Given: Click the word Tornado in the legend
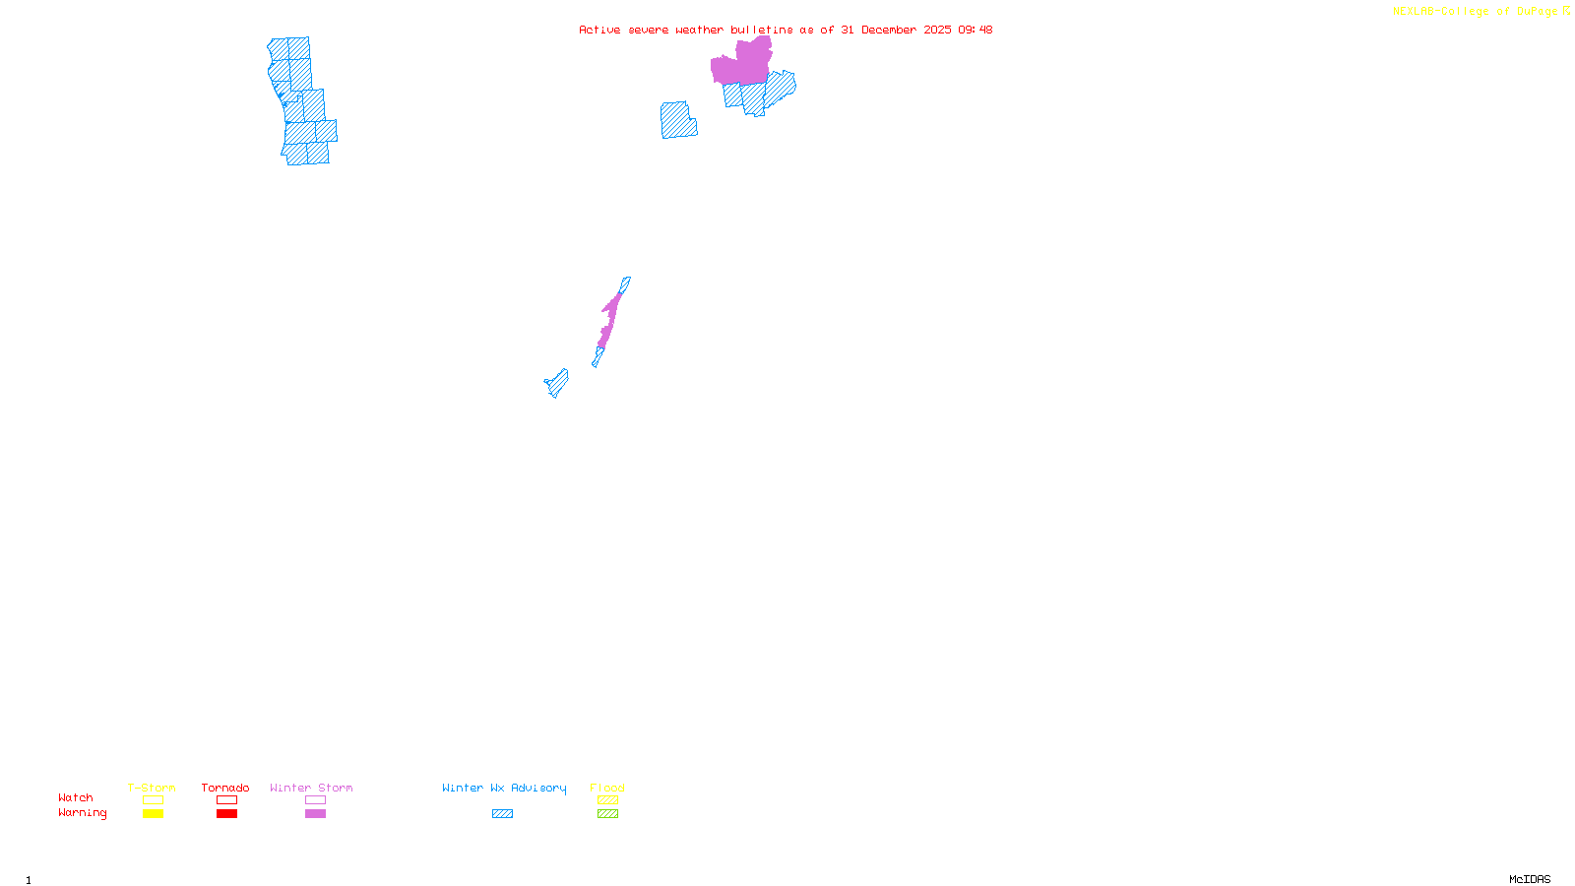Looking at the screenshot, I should [225, 788].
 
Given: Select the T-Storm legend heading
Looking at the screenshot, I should [152, 788].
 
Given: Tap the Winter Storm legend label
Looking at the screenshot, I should [311, 788].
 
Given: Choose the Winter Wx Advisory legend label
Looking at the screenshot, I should [504, 788].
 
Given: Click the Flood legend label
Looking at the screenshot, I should [607, 788].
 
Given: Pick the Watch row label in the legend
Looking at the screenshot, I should [76, 797].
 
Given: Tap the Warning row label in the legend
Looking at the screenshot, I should [82, 813].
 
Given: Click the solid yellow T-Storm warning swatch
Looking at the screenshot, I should [153, 814].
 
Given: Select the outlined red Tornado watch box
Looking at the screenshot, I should [227, 800].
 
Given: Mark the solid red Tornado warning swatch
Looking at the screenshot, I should [227, 814].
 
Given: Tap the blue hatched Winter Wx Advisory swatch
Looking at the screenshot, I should [502, 814].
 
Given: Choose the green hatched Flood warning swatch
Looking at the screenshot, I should [607, 814].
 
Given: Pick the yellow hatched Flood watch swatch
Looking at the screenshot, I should [607, 800].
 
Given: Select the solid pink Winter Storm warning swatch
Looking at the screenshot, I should [315, 814].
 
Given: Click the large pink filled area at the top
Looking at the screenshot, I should [743, 65].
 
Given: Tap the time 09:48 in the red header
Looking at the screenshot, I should [975, 30].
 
